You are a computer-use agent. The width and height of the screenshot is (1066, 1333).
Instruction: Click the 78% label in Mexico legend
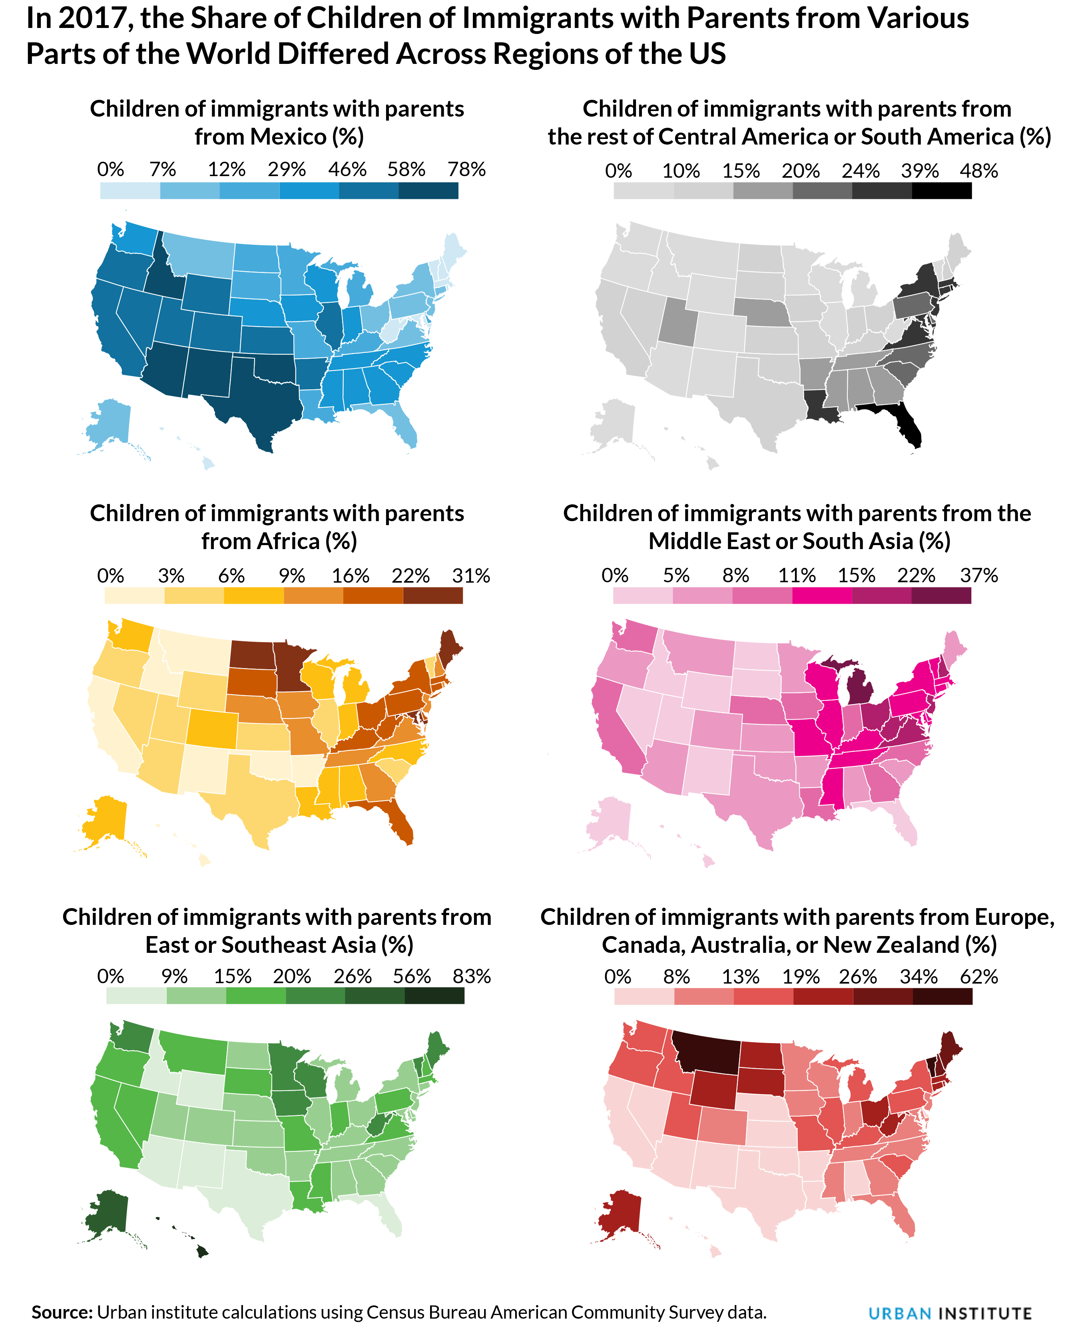pos(466,169)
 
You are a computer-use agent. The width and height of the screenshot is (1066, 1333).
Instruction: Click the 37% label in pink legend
pos(979,575)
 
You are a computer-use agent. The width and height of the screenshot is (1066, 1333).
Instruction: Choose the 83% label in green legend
pos(471,976)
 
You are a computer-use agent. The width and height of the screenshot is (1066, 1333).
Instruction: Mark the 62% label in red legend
pos(979,977)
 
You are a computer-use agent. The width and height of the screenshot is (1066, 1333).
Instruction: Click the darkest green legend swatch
pos(434,996)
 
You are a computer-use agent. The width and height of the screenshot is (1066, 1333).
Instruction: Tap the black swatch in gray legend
pos(941,191)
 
